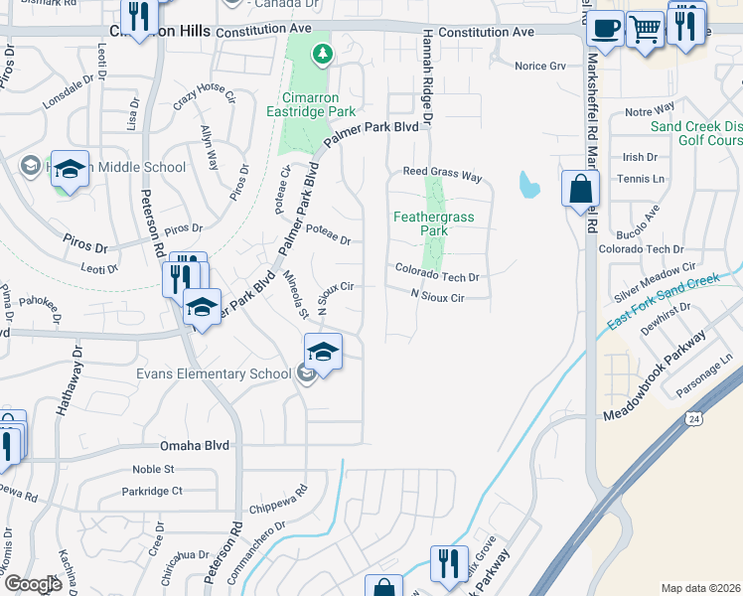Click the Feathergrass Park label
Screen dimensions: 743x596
click(434, 223)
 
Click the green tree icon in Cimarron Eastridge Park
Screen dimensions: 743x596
click(321, 55)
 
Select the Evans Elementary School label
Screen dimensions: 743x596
click(214, 373)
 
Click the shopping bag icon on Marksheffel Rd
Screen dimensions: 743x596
click(579, 187)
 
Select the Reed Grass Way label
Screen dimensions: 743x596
click(442, 175)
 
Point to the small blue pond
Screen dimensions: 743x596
click(529, 184)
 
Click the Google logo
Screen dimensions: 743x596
click(33, 584)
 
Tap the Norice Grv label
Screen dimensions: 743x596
click(539, 67)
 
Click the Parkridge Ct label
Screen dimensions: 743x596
click(152, 491)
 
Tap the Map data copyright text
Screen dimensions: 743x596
click(700, 588)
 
